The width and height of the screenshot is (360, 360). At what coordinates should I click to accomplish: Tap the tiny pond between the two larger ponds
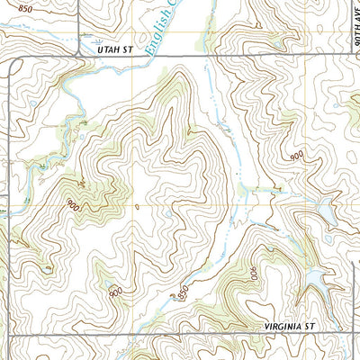click(316, 252)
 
